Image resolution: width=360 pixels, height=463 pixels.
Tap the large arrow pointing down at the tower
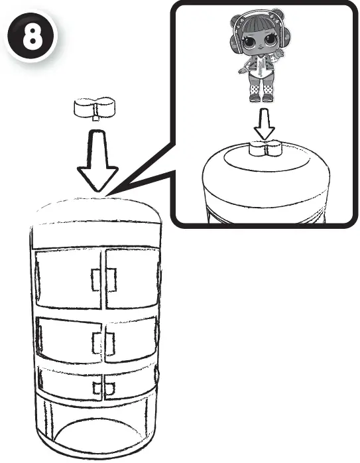97,161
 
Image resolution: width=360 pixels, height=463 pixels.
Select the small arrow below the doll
265,124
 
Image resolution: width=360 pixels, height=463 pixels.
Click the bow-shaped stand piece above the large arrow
94,107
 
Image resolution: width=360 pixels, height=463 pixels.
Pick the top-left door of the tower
68,279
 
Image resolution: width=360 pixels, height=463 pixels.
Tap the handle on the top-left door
95,280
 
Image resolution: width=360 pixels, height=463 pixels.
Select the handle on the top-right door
111,280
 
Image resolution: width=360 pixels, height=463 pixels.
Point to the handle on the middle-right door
110,344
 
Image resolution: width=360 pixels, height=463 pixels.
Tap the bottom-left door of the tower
70,383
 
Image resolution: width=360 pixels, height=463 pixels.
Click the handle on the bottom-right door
109,388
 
